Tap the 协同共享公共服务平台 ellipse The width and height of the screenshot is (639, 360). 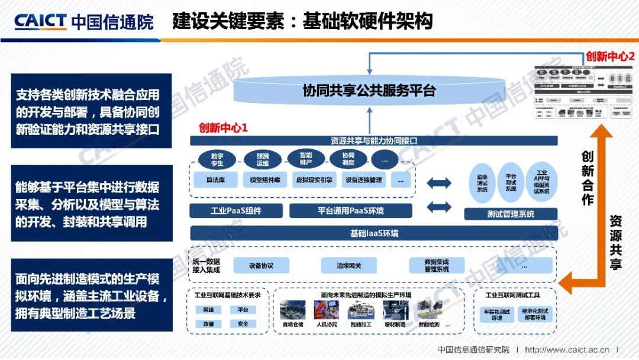[369, 91]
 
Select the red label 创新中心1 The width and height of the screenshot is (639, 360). [223, 127]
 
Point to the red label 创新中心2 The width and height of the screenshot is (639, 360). [610, 56]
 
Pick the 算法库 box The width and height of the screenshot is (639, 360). [214, 179]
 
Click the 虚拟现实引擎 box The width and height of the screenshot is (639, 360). [313, 179]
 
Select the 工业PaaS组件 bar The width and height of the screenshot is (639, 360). [235, 210]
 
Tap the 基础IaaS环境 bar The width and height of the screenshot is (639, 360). [374, 233]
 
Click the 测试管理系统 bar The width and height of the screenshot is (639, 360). [510, 214]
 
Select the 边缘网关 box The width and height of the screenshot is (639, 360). [348, 265]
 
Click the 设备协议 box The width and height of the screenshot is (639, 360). [261, 265]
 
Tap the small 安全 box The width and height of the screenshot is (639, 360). [243, 324]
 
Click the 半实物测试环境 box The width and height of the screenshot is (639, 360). [498, 314]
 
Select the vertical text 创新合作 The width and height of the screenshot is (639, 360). [587, 178]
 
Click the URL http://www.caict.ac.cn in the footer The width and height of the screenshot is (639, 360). [567, 350]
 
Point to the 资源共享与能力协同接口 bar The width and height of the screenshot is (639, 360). [374, 141]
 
